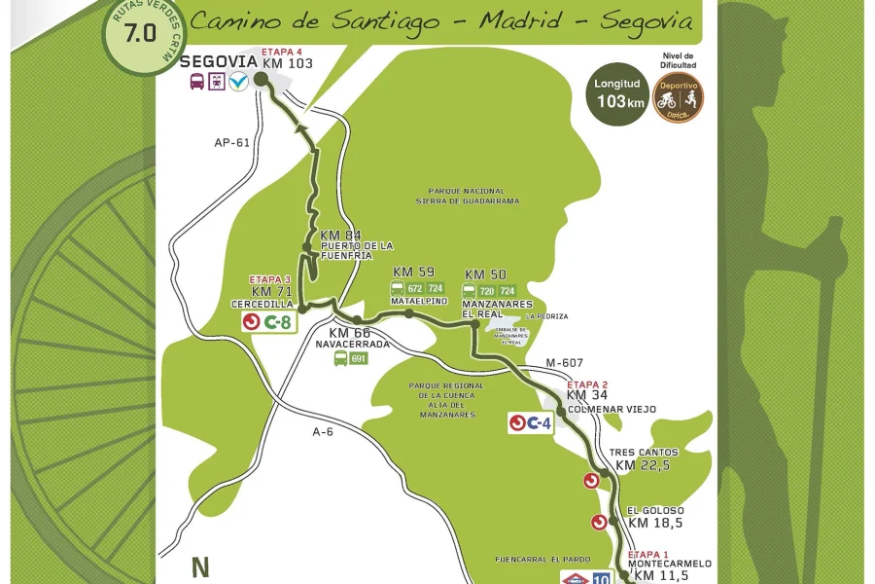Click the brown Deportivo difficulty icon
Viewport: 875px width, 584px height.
pos(678,97)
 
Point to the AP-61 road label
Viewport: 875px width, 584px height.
pos(231,143)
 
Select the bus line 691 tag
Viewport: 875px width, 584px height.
pos(359,358)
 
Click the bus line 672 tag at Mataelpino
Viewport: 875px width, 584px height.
pos(415,288)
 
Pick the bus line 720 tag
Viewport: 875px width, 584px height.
pos(487,290)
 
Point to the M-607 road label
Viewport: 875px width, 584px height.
pos(564,363)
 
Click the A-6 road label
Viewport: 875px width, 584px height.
pos(323,431)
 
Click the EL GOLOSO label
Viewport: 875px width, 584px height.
pos(655,511)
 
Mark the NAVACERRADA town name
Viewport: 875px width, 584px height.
pos(352,345)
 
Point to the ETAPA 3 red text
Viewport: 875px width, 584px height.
pos(269,279)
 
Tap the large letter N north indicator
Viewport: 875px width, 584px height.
pos(200,567)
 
